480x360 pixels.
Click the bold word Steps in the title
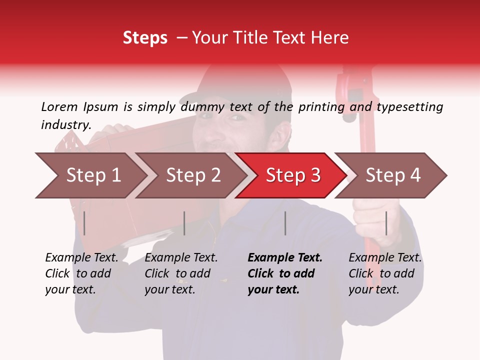pyautogui.click(x=145, y=38)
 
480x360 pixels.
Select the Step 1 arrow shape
pyautogui.click(x=90, y=175)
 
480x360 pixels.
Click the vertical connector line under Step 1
pyautogui.click(x=84, y=223)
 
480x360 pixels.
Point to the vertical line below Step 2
pyautogui.click(x=184, y=223)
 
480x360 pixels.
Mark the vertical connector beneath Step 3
pyautogui.click(x=285, y=223)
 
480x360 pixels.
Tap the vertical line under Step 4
pyautogui.click(x=386, y=223)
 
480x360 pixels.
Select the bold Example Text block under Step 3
pyautogui.click(x=285, y=273)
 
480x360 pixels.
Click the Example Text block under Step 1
pyautogui.click(x=81, y=273)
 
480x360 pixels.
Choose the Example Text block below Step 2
pyautogui.click(x=181, y=273)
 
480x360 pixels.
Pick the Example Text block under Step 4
pyautogui.click(x=385, y=273)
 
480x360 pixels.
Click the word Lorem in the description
pyautogui.click(x=59, y=106)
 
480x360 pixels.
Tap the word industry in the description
pyautogui.click(x=66, y=125)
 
